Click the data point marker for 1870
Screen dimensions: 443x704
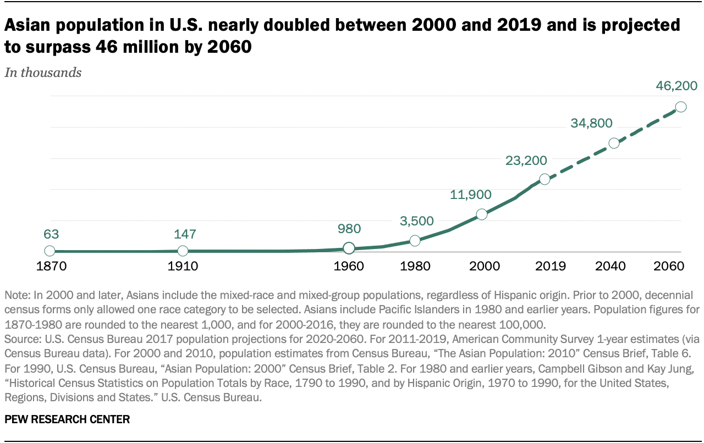click(x=50, y=251)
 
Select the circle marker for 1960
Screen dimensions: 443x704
click(x=349, y=248)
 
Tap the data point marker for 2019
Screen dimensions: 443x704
click(x=544, y=179)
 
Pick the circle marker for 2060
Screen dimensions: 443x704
click(x=680, y=107)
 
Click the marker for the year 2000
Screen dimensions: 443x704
click(x=482, y=214)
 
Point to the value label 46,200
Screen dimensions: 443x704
click(x=676, y=86)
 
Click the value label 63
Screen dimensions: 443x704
click(x=51, y=234)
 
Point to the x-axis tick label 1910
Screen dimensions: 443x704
click(x=183, y=267)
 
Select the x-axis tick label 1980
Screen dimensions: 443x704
click(x=415, y=267)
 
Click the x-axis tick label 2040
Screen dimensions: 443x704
click(x=610, y=267)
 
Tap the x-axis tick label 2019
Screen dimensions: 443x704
click(x=551, y=267)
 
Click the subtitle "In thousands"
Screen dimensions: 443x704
click(x=43, y=73)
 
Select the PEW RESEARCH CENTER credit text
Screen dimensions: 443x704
click(x=67, y=419)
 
